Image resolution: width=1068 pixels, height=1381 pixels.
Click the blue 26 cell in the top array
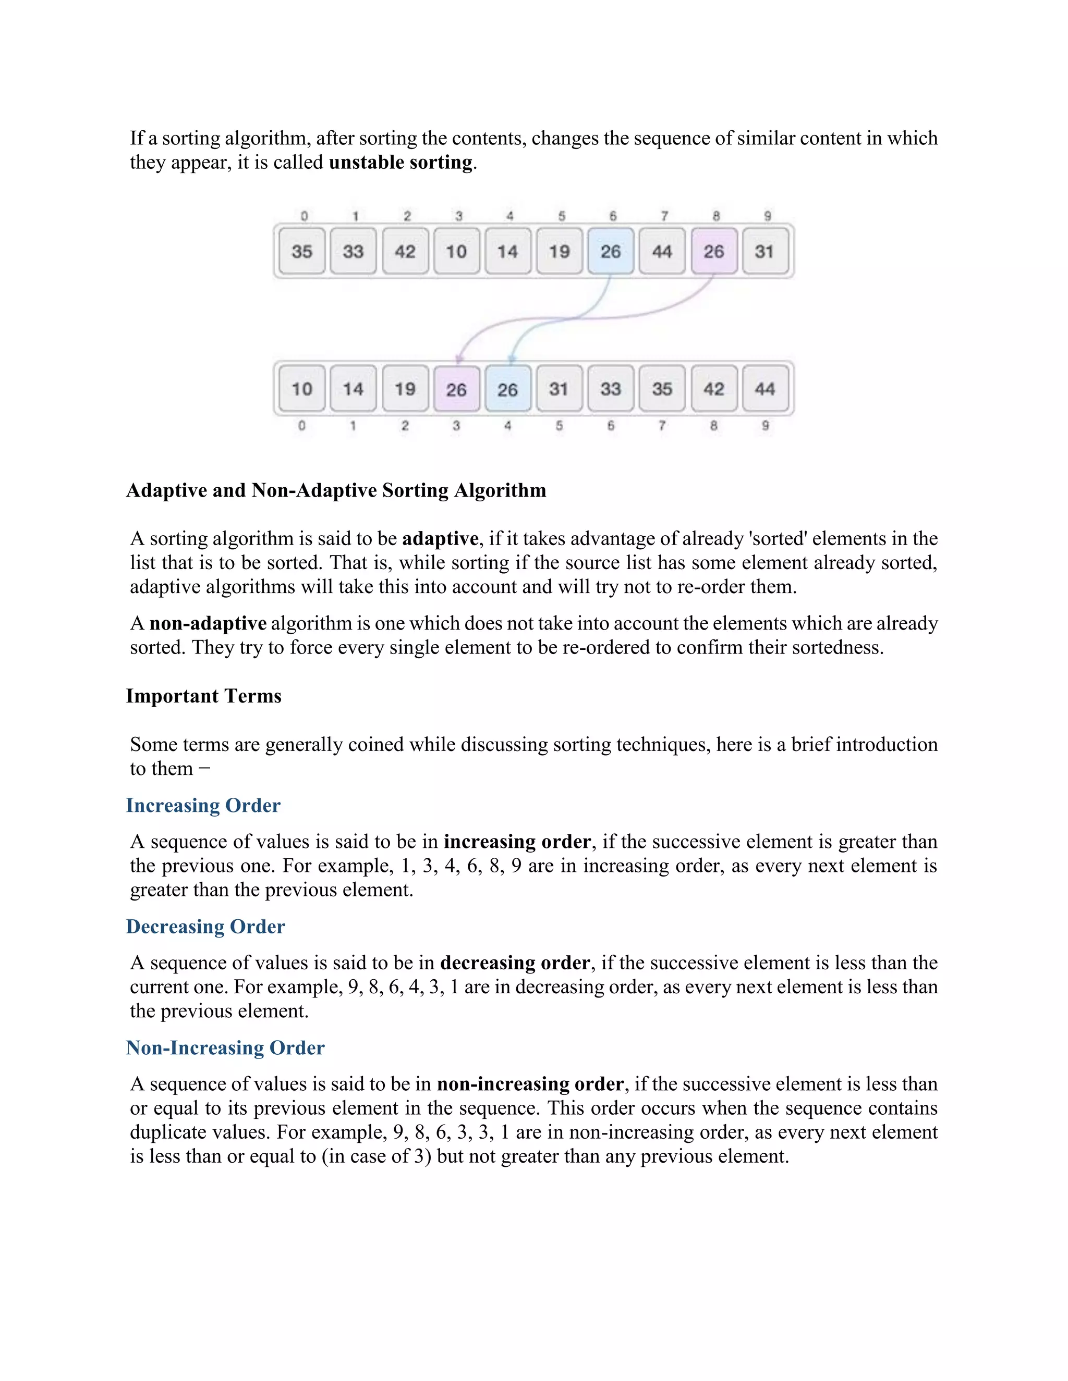click(610, 251)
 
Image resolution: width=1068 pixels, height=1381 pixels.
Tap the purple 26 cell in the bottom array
click(456, 389)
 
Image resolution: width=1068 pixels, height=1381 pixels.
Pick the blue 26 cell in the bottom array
click(507, 389)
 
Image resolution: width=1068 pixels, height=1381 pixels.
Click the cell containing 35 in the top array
click(302, 251)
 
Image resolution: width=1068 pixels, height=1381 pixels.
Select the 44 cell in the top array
click(662, 251)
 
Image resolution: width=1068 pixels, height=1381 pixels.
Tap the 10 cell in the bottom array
click(302, 388)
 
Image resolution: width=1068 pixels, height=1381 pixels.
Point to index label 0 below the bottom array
click(302, 426)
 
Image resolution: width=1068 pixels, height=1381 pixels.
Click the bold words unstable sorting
click(400, 163)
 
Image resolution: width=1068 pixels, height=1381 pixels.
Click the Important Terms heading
click(204, 696)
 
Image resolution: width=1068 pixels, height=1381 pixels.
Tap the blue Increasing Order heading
click(203, 805)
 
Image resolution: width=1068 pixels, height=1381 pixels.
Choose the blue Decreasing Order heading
click(205, 927)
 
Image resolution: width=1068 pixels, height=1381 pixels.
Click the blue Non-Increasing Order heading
click(225, 1048)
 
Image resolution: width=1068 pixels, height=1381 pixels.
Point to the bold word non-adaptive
click(208, 623)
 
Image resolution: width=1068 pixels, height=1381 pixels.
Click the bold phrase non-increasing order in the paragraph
click(530, 1084)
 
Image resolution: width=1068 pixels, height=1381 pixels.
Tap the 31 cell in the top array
click(764, 251)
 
